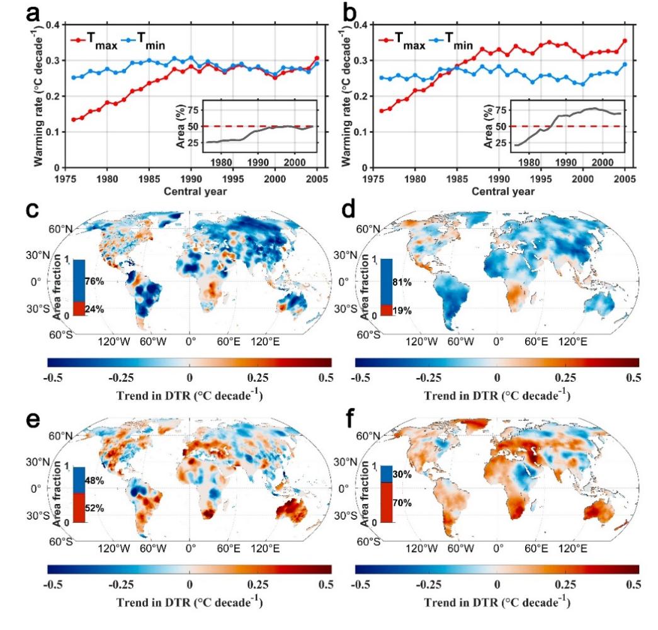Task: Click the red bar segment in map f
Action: (x=387, y=503)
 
